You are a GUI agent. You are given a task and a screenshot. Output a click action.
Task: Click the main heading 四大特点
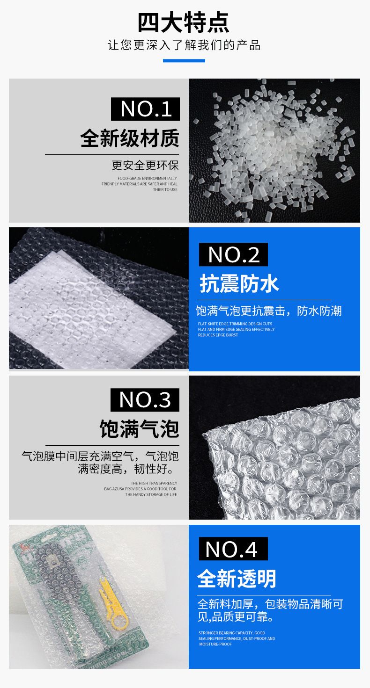click(x=183, y=22)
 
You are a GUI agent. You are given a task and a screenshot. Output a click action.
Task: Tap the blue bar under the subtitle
click(x=184, y=60)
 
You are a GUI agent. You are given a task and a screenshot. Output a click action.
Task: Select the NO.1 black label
click(x=145, y=109)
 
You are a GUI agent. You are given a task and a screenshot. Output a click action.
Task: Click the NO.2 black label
click(x=233, y=254)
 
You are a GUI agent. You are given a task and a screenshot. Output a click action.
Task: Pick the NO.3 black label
click(x=145, y=400)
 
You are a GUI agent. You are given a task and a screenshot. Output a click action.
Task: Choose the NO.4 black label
click(x=233, y=549)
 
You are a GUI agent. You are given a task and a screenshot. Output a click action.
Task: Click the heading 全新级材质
click(x=129, y=138)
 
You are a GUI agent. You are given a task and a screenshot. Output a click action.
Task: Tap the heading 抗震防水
click(x=239, y=283)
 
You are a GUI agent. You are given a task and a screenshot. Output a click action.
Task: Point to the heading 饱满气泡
click(x=139, y=429)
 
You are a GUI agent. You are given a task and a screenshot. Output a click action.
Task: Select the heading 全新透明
click(x=237, y=579)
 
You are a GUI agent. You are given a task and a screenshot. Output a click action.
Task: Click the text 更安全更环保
click(x=145, y=165)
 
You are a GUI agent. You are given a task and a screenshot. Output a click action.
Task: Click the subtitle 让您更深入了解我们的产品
click(x=184, y=45)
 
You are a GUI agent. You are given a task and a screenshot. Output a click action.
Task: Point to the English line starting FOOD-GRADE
click(x=147, y=178)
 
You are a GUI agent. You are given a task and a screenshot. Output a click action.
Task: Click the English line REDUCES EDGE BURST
click(x=218, y=335)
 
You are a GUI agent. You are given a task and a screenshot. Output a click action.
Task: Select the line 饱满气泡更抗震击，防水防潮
click(x=269, y=311)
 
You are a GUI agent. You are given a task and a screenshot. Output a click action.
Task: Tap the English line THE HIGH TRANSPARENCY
click(x=154, y=483)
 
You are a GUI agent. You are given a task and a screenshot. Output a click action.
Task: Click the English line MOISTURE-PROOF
click(x=215, y=644)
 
